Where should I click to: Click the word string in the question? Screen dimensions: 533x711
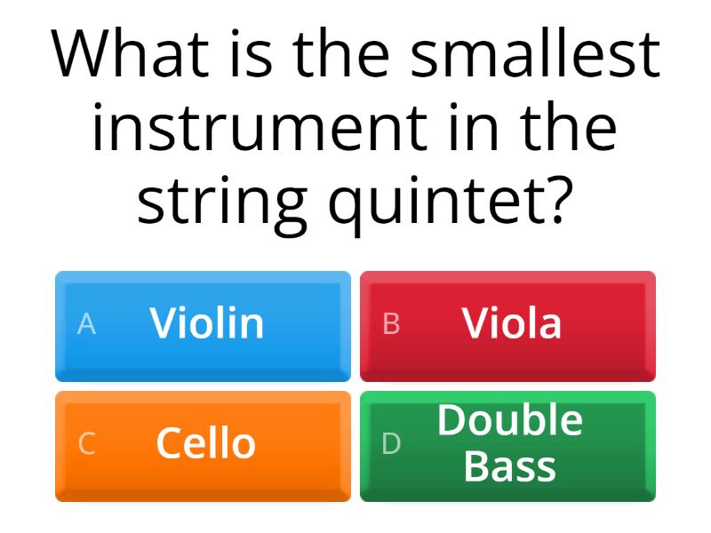pyautogui.click(x=221, y=203)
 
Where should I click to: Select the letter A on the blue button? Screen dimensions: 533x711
pyautogui.click(x=86, y=324)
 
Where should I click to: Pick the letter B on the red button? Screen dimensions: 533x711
pyautogui.click(x=391, y=324)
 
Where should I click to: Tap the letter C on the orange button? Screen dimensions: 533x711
pyautogui.click(x=86, y=444)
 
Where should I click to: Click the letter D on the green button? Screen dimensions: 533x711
pyautogui.click(x=391, y=444)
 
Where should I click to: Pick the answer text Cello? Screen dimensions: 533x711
pyautogui.click(x=206, y=443)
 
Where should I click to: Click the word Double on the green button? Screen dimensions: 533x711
pyautogui.click(x=510, y=420)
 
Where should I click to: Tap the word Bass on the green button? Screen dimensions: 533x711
pyautogui.click(x=510, y=466)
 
